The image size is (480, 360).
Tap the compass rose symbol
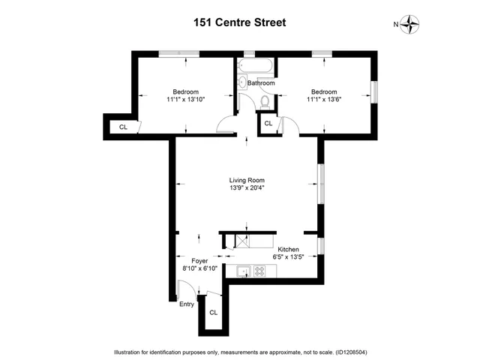click(x=410, y=25)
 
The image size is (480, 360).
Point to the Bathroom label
click(x=255, y=83)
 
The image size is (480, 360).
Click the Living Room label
click(x=247, y=180)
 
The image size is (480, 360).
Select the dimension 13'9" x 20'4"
click(x=247, y=188)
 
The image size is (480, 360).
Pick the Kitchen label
click(x=289, y=249)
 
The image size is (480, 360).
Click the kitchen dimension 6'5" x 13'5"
click(x=289, y=257)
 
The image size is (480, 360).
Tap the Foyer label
click(x=199, y=261)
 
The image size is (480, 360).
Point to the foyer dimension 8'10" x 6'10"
click(x=199, y=269)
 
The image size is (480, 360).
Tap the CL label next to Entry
click(x=213, y=313)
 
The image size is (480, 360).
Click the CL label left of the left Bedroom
click(x=123, y=127)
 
